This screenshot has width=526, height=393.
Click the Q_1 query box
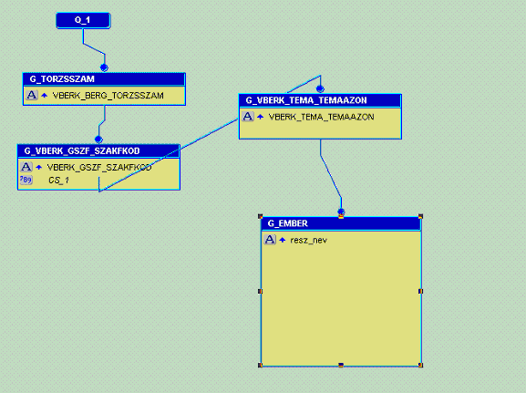tap(83, 20)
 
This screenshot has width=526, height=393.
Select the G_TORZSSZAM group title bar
tap(104, 79)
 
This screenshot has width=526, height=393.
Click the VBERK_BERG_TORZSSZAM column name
tap(108, 96)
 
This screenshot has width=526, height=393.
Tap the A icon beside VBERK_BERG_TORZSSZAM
tap(32, 96)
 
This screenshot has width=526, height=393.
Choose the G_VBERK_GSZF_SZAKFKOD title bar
tap(98, 151)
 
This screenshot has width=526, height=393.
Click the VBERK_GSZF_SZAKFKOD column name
tap(99, 167)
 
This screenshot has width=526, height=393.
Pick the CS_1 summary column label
tap(58, 181)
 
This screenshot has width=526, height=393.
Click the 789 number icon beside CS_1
tap(26, 180)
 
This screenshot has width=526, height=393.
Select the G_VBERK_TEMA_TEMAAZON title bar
tap(320, 100)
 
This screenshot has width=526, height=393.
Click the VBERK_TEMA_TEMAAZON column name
tap(322, 117)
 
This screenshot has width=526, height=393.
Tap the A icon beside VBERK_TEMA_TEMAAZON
tap(248, 117)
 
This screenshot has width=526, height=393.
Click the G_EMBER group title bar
tap(341, 223)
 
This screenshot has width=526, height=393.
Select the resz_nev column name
tap(309, 241)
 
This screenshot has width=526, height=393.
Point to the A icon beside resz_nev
tap(270, 240)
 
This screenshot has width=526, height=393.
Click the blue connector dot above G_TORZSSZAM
tap(104, 67)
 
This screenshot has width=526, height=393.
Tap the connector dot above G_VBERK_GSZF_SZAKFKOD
tap(98, 140)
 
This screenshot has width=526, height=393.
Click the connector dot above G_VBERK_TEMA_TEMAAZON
tap(320, 89)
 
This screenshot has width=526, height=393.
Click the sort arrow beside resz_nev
tap(283, 240)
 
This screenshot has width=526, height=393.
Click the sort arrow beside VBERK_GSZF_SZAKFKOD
tap(39, 167)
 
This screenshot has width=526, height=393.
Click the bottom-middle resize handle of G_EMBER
tap(341, 365)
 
